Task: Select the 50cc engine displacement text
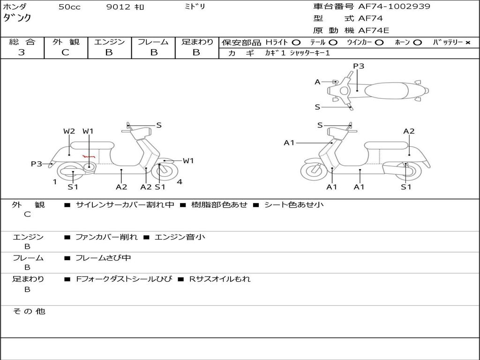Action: pyautogui.click(x=69, y=7)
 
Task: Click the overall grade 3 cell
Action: pyautogui.click(x=22, y=52)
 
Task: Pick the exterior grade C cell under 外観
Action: pyautogui.click(x=65, y=52)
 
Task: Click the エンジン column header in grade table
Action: pyautogui.click(x=109, y=42)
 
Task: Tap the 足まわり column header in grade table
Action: pyautogui.click(x=197, y=42)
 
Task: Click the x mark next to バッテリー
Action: pyautogui.click(x=467, y=42)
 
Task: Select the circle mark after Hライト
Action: pyautogui.click(x=296, y=42)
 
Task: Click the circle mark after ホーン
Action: pyautogui.click(x=417, y=42)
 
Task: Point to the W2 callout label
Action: pyautogui.click(x=69, y=131)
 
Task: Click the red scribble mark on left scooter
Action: pyautogui.click(x=89, y=156)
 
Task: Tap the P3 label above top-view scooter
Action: pyautogui.click(x=359, y=66)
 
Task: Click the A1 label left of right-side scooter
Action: pyautogui.click(x=289, y=142)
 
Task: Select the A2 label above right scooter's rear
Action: pyautogui.click(x=409, y=131)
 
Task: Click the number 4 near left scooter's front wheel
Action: pyautogui.click(x=180, y=182)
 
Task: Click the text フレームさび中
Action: pyautogui.click(x=103, y=258)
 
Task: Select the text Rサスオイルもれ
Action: pyautogui.click(x=220, y=279)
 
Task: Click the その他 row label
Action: pyautogui.click(x=29, y=311)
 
